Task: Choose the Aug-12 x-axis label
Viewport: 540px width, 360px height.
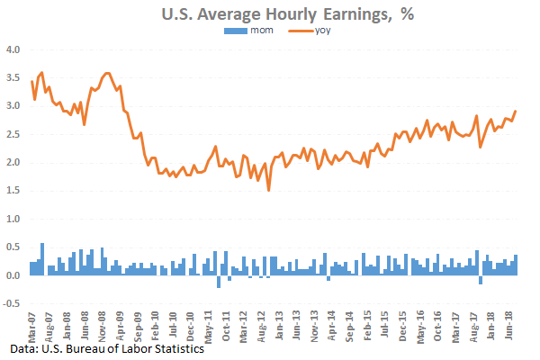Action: click(261, 322)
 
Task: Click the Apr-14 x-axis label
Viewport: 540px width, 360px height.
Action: click(331, 322)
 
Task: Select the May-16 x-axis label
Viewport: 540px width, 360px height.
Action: click(419, 322)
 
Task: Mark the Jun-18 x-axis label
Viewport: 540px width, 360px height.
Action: click(508, 322)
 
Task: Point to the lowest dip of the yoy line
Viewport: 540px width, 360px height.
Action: click(268, 190)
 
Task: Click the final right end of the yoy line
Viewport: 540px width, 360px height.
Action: click(516, 111)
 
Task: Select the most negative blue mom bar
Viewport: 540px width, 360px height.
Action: click(219, 281)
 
